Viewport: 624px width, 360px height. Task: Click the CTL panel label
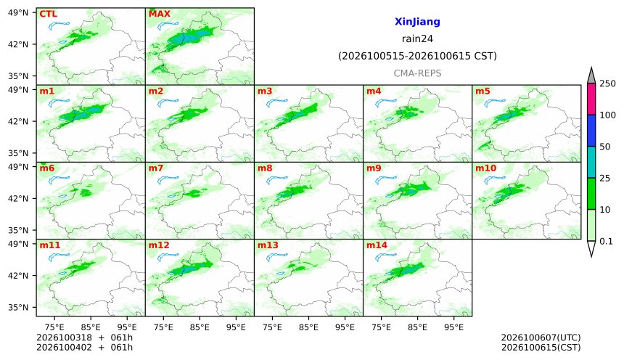click(48, 14)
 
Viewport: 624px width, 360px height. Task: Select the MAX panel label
click(159, 14)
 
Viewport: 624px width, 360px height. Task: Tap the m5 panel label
click(483, 91)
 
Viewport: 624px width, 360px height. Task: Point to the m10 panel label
click(485, 168)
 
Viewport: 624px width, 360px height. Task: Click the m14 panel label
click(377, 245)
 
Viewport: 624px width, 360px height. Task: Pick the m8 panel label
click(265, 168)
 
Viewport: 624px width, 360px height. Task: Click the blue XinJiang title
click(417, 22)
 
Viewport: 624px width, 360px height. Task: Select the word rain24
click(417, 38)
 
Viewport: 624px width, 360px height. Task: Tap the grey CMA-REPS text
click(417, 73)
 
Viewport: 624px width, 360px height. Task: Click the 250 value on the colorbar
click(608, 83)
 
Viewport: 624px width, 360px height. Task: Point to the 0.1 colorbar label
click(606, 241)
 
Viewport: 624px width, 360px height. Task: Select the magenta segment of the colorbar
click(591, 99)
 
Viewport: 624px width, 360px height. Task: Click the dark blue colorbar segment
click(591, 131)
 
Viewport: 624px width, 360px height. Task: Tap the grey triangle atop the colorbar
click(591, 76)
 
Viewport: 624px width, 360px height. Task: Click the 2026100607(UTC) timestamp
click(541, 337)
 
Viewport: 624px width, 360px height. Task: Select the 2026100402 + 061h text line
click(84, 347)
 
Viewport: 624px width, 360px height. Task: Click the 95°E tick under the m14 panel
click(453, 327)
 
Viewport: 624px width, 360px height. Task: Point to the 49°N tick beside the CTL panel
click(18, 13)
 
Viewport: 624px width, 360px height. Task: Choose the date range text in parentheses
click(417, 56)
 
